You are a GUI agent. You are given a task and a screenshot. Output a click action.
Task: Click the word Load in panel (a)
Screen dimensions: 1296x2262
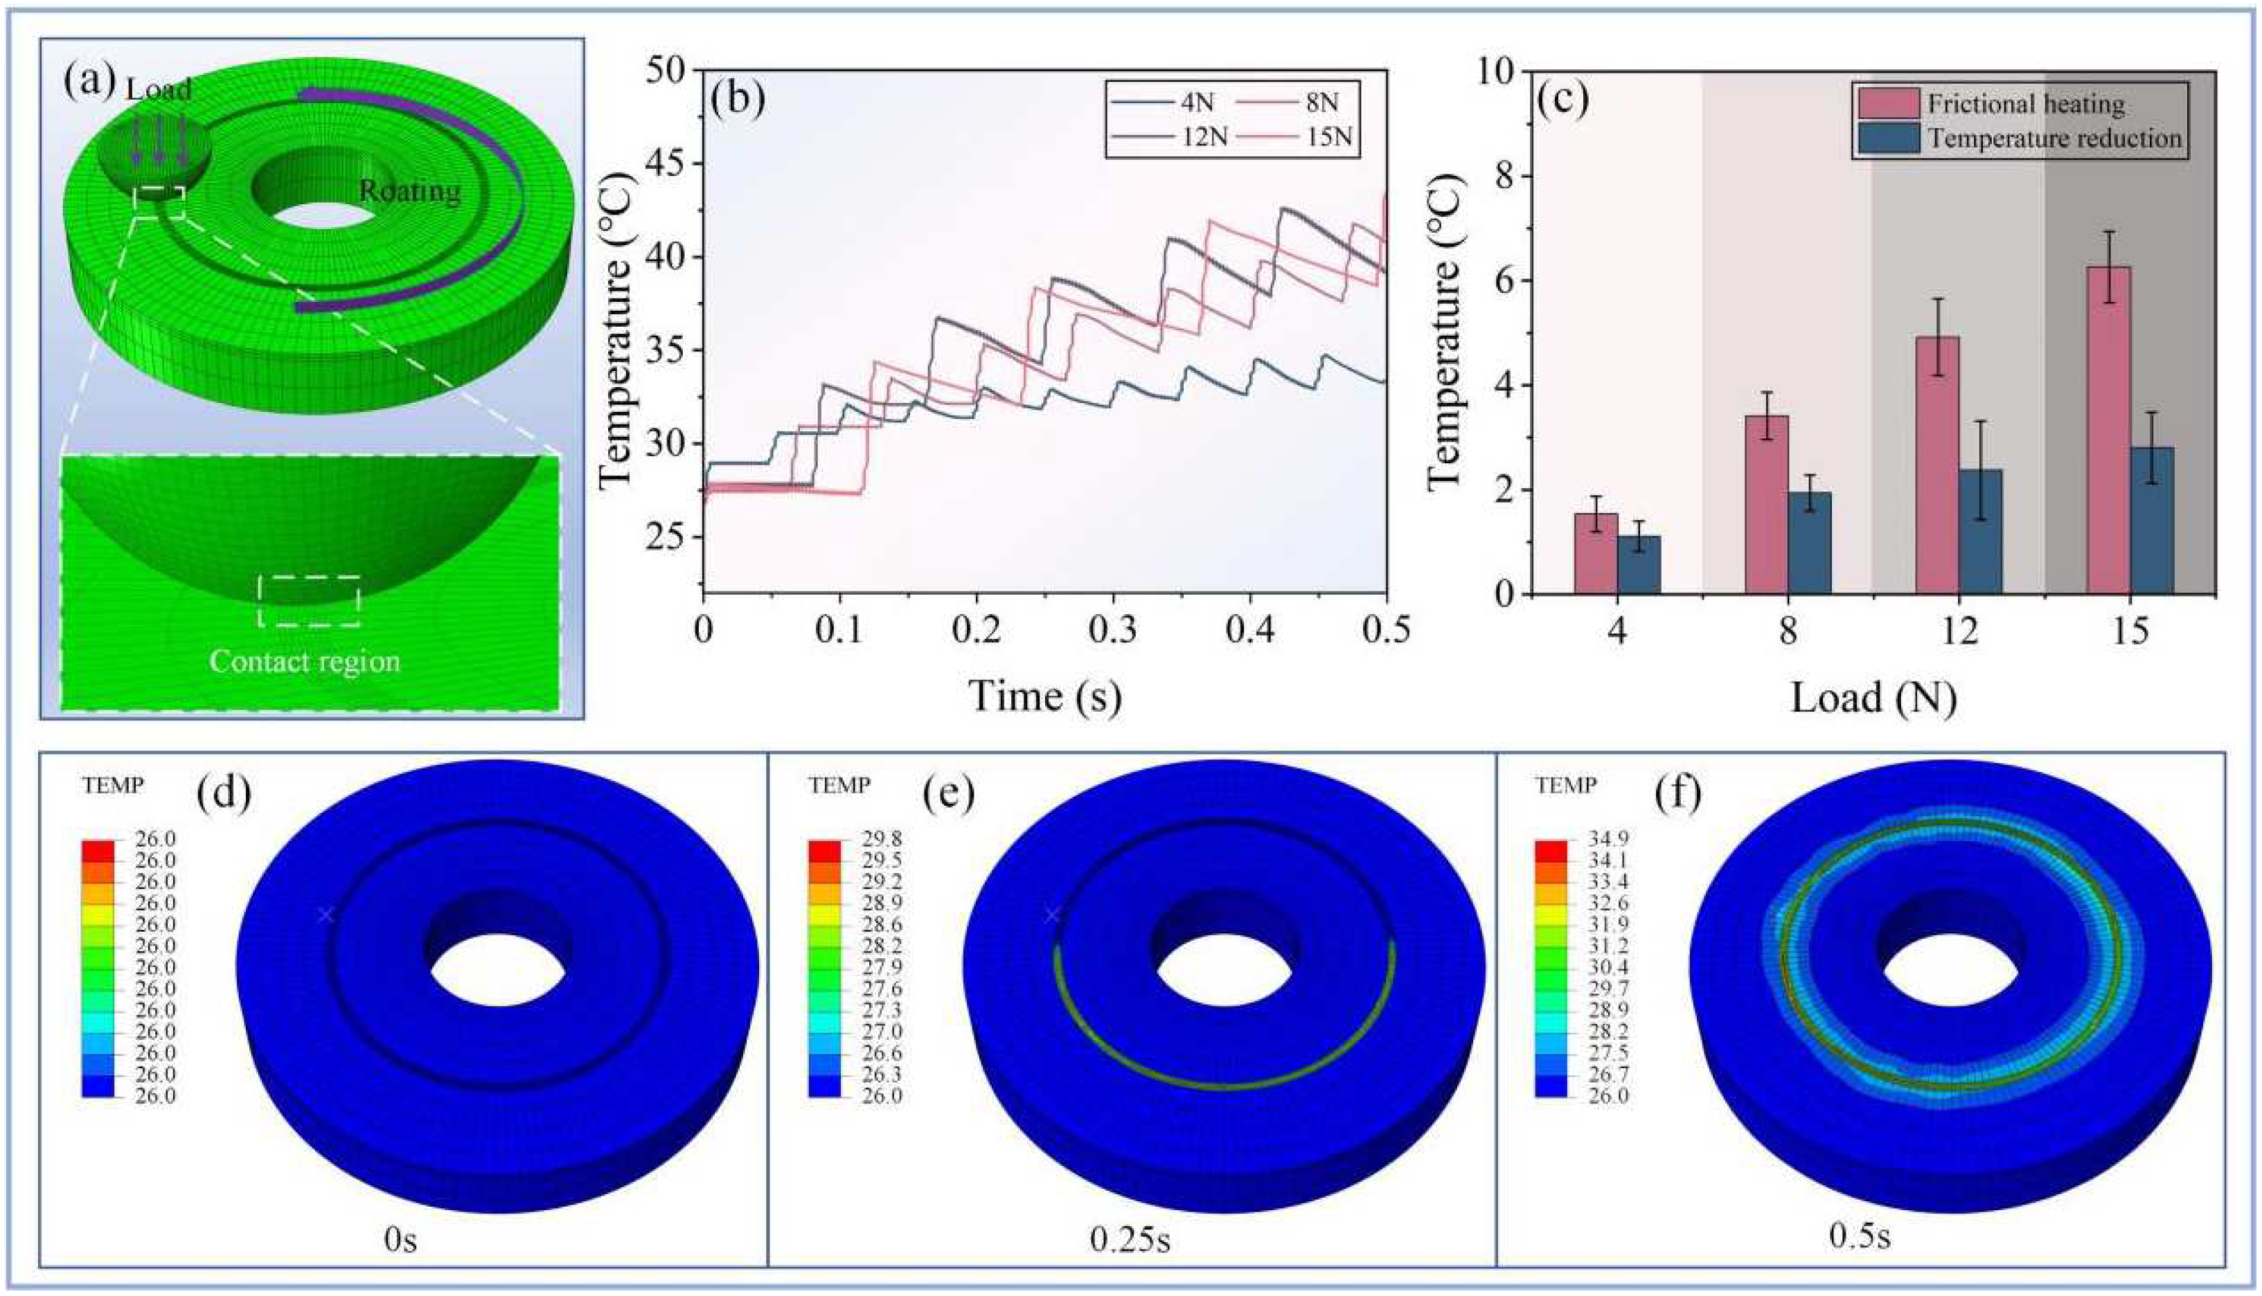[159, 89]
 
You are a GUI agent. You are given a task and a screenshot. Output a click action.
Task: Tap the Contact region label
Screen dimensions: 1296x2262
[305, 661]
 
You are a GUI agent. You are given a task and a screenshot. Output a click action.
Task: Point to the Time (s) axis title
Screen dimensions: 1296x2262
[1045, 696]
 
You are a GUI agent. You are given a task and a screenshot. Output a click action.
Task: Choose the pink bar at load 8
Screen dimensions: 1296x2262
[1767, 505]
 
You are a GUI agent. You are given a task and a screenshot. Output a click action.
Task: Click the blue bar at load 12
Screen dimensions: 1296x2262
[1981, 532]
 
